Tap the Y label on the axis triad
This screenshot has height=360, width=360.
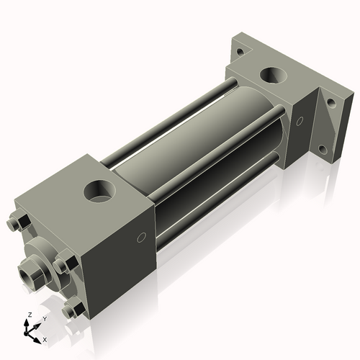click(44, 318)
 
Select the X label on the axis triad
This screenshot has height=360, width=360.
click(45, 339)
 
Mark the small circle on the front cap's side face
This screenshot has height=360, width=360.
click(141, 237)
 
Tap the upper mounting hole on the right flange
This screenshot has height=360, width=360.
click(330, 103)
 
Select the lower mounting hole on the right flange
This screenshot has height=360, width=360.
click(322, 150)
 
